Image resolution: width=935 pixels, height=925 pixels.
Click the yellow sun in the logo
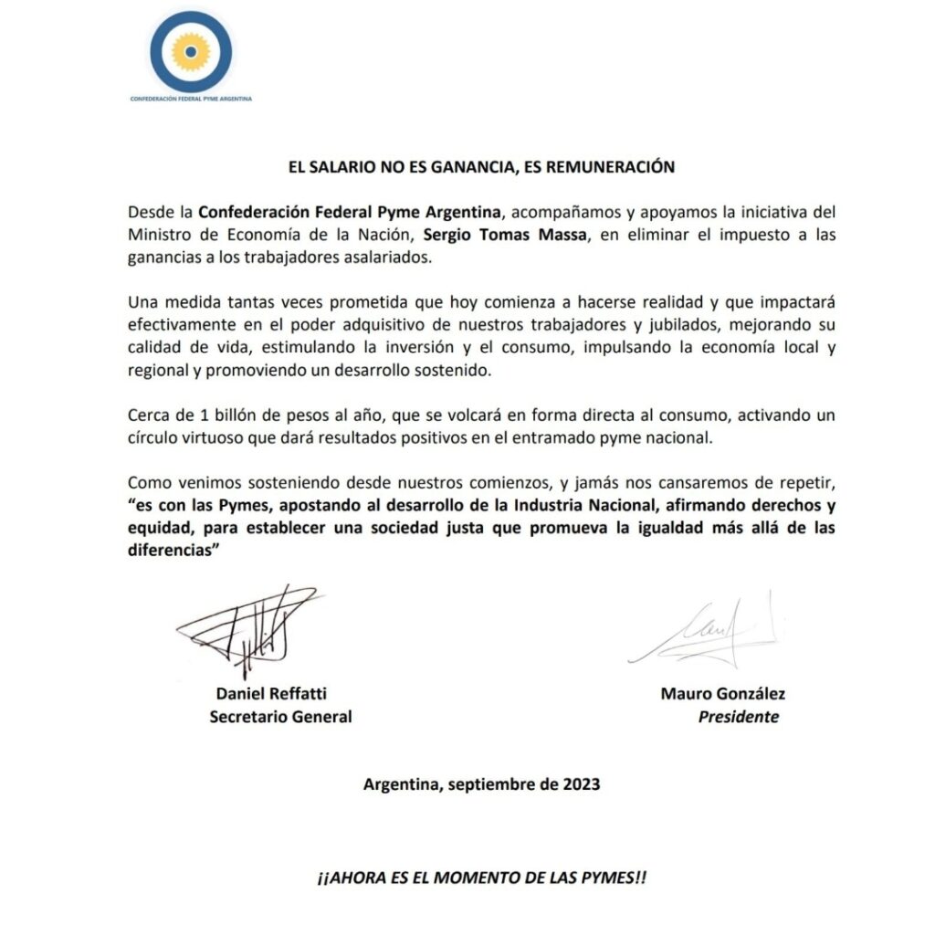coord(191,51)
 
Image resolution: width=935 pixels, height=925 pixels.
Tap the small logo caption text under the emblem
coord(191,98)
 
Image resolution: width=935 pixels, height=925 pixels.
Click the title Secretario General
coord(280,717)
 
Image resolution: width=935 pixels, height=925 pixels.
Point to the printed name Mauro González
coord(722,693)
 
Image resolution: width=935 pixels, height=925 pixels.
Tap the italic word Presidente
coord(739,717)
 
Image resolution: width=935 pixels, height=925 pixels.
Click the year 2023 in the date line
coord(581,783)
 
